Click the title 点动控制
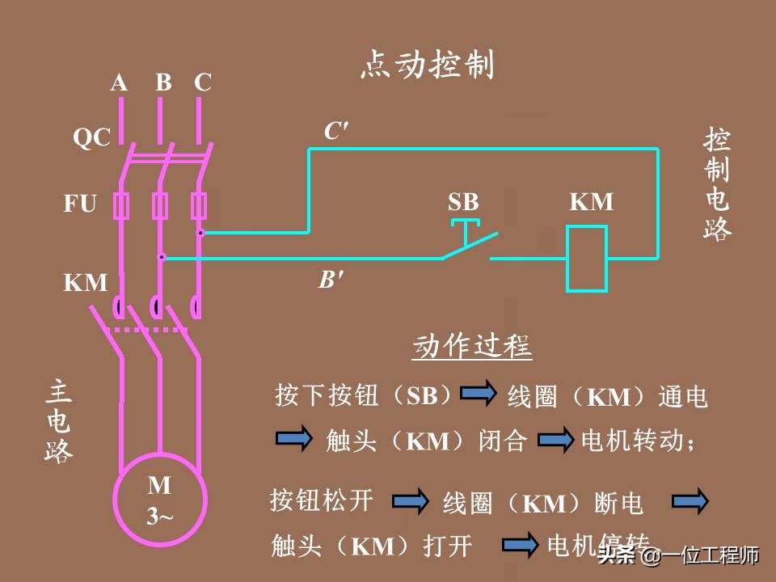tap(426, 65)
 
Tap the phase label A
tap(120, 82)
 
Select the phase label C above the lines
tap(202, 82)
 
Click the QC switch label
tap(91, 138)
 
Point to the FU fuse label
tap(80, 204)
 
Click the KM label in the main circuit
tap(85, 283)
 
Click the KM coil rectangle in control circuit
tap(587, 259)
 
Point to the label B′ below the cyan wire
tap(329, 280)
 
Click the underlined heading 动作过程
tap(471, 347)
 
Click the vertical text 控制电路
tap(717, 184)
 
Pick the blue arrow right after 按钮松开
tap(410, 502)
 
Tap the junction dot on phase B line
tap(161, 258)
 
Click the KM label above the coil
tap(591, 202)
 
